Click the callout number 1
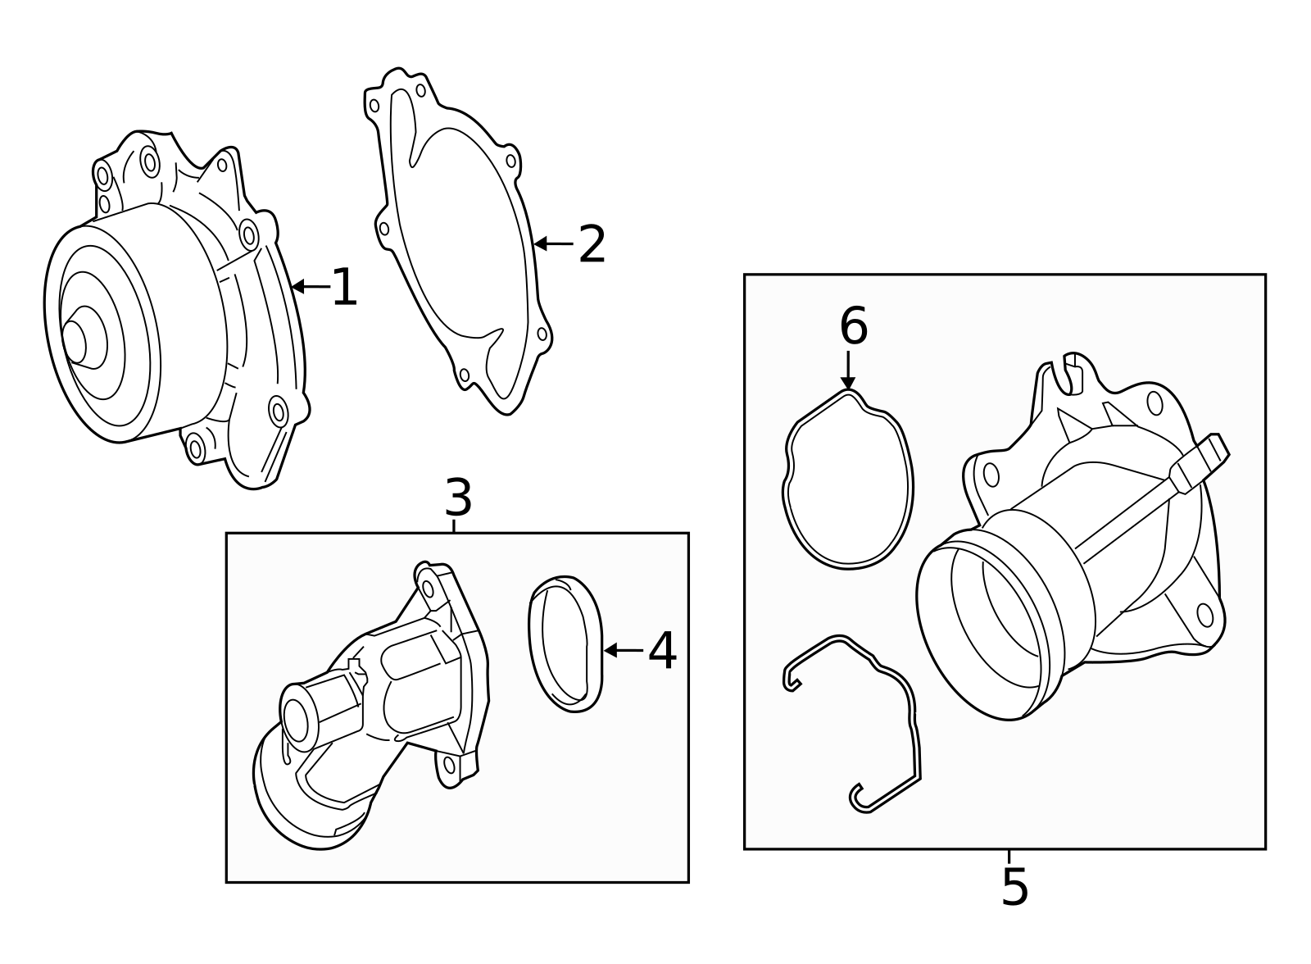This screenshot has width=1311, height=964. point(344,288)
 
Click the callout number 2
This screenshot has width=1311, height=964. point(592,244)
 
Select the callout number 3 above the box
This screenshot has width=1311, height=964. point(458,498)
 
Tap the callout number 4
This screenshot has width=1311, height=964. point(662,651)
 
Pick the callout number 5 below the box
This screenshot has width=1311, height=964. point(1014,888)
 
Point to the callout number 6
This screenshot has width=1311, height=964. point(853,327)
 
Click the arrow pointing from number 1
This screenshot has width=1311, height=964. point(310,286)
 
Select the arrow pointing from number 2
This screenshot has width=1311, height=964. point(553,243)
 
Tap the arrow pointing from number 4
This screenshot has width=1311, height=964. point(624,650)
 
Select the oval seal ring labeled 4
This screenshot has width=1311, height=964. point(565,643)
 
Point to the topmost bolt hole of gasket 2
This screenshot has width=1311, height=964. point(420,90)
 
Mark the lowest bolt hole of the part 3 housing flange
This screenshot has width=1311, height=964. point(447,766)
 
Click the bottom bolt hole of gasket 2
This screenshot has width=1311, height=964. point(464,375)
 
